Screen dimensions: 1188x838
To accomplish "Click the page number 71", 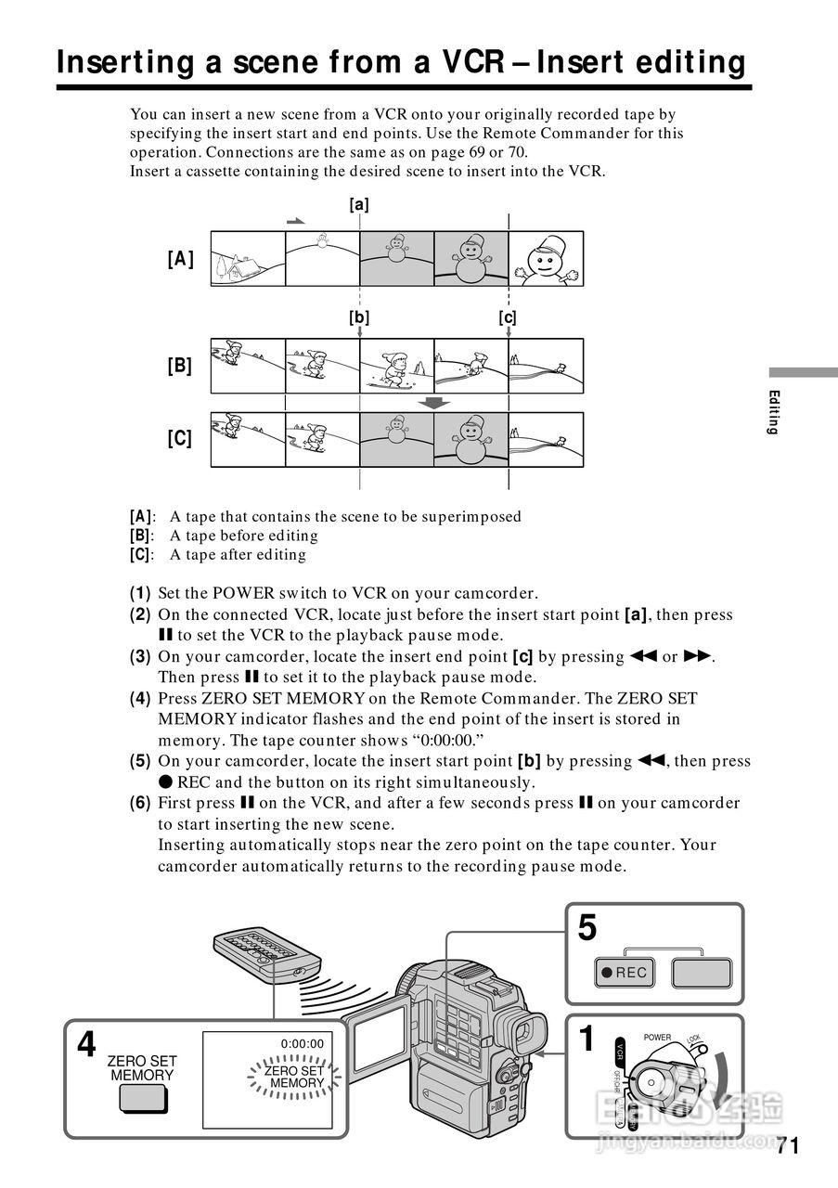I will pyautogui.click(x=787, y=1145).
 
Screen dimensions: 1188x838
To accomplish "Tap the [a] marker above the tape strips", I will pyautogui.click(x=359, y=205).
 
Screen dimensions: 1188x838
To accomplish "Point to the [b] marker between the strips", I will pyautogui.click(x=359, y=317).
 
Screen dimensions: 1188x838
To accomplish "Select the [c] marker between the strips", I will pyautogui.click(x=508, y=317).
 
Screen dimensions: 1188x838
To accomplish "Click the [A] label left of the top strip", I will pyautogui.click(x=181, y=259).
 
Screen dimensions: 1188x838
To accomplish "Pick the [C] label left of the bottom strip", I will pyautogui.click(x=181, y=438).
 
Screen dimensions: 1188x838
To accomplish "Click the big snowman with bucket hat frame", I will pyautogui.click(x=546, y=257).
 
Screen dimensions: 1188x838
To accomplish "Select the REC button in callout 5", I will pyautogui.click(x=625, y=973).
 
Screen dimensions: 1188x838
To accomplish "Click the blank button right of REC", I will pyautogui.click(x=702, y=973).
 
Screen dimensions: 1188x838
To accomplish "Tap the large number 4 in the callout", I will pyautogui.click(x=86, y=1045).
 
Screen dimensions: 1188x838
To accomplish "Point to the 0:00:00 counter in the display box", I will pyautogui.click(x=303, y=1044).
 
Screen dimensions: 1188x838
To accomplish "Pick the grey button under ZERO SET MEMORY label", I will pyautogui.click(x=143, y=1098).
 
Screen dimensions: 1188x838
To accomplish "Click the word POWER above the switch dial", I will pyautogui.click(x=657, y=1038).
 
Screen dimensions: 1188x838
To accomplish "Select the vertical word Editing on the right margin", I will pyautogui.click(x=773, y=413).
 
